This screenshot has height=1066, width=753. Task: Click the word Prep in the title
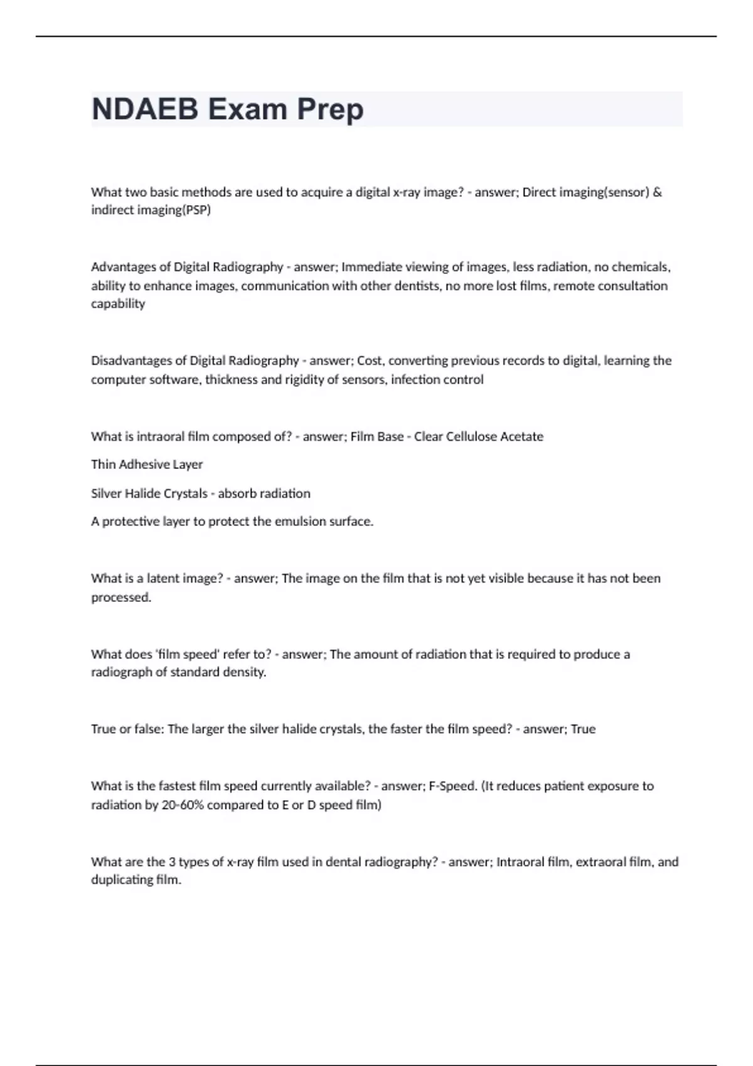330,109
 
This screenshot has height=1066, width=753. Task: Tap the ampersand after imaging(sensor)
657,192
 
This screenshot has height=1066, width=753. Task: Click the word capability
118,303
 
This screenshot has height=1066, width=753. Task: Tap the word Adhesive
142,465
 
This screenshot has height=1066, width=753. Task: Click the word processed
121,598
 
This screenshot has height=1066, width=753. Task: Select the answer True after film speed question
583,729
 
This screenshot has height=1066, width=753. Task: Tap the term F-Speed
452,786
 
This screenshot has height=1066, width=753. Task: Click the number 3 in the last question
172,862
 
